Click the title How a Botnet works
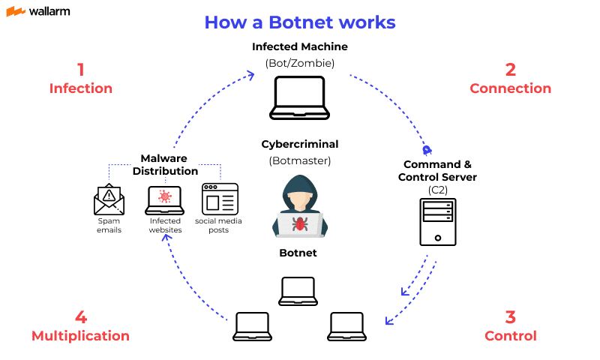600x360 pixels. click(x=300, y=22)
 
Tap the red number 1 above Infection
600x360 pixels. click(x=80, y=70)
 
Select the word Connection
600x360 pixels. click(x=510, y=88)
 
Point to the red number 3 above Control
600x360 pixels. click(x=511, y=316)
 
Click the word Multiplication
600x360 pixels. click(x=80, y=336)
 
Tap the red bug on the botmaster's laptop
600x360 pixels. click(x=300, y=223)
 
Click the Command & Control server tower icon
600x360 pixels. click(x=437, y=222)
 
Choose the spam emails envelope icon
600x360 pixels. click(x=109, y=199)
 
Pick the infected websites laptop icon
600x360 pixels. click(x=164, y=200)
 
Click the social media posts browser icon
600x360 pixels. click(x=220, y=199)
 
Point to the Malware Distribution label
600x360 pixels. click(x=164, y=165)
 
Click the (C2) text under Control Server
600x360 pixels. click(x=437, y=190)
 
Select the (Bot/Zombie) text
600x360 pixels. click(x=299, y=62)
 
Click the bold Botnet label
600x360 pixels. click(x=299, y=253)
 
